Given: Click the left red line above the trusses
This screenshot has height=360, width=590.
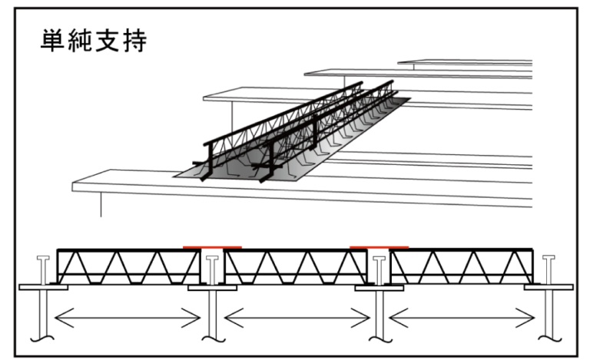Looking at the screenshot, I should (x=213, y=247).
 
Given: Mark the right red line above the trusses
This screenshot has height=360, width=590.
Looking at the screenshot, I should (x=379, y=247).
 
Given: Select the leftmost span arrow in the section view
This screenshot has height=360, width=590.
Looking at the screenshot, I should (x=126, y=315).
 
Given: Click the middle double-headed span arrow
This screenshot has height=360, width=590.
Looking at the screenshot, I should (x=296, y=315).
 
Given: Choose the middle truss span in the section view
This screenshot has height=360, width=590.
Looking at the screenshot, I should (x=295, y=267).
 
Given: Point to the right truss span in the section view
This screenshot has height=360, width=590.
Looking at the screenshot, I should (x=462, y=267).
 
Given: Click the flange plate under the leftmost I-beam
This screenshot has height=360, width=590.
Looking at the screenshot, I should (x=43, y=288).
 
